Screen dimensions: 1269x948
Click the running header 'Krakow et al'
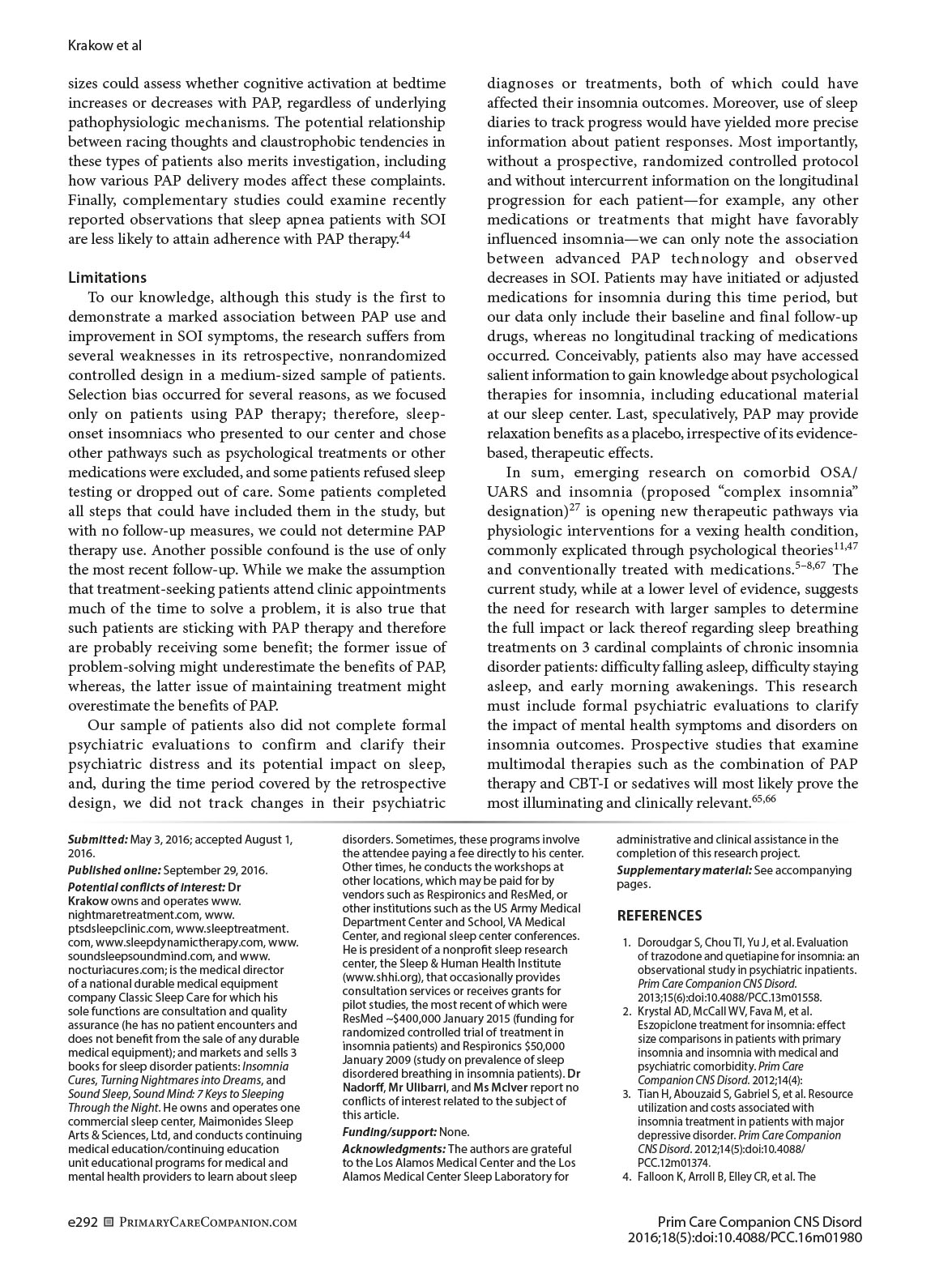point(105,45)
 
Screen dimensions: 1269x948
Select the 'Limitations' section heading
point(108,278)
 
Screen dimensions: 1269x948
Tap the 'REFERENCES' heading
point(660,916)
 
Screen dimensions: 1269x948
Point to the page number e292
point(83,1222)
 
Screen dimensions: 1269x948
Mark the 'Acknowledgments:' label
point(394,1149)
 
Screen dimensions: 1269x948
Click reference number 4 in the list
point(627,1177)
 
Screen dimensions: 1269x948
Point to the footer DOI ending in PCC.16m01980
point(745,1238)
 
